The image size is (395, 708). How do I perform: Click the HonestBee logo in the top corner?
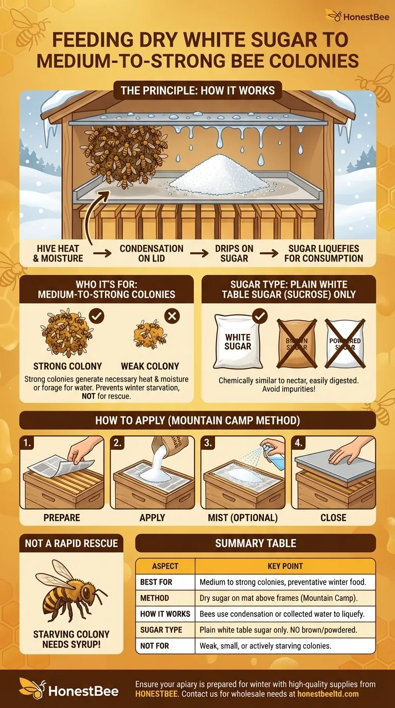point(354,16)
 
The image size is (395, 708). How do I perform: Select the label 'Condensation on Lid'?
point(151,253)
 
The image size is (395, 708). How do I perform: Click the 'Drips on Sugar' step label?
point(234,253)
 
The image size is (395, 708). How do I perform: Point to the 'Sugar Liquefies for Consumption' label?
point(324,253)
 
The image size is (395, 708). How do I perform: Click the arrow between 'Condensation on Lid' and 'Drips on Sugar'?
point(199,253)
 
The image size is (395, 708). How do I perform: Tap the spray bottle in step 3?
point(272,453)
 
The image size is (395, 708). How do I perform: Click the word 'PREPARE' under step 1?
point(62,517)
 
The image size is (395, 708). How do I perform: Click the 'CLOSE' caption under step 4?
point(333,517)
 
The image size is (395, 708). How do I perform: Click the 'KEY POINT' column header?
point(285,566)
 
